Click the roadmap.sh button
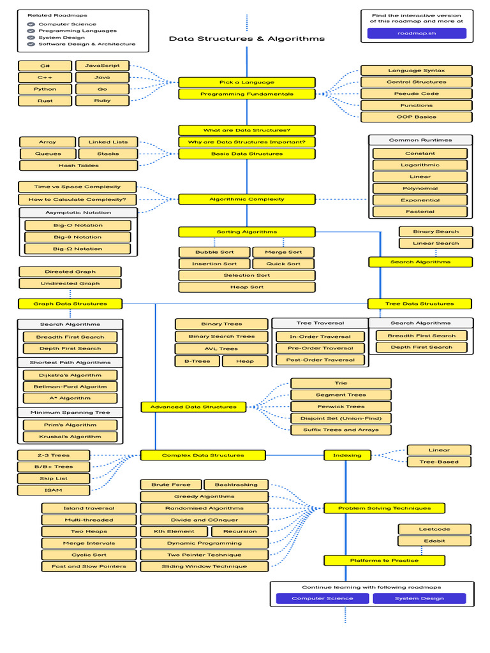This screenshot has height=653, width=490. (x=417, y=33)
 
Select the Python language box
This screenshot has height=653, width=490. (x=45, y=89)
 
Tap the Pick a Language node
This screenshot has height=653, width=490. (x=247, y=82)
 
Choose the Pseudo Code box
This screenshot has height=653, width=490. (x=417, y=94)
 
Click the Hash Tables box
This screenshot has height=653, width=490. (x=78, y=166)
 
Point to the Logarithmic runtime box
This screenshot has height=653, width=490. (x=420, y=165)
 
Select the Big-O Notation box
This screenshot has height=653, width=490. (x=78, y=225)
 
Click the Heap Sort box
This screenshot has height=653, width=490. (x=247, y=287)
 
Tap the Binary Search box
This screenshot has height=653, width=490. (x=436, y=231)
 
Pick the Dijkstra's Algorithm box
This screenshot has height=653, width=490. (x=70, y=375)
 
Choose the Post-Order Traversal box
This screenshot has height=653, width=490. (x=320, y=360)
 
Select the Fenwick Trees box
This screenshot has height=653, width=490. (x=341, y=406)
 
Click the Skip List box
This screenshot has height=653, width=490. (x=54, y=478)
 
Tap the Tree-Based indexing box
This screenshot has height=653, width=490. (x=439, y=462)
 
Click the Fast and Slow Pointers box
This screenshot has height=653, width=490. (x=89, y=566)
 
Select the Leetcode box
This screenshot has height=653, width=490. (x=434, y=529)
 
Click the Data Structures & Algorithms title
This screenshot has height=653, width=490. (x=247, y=39)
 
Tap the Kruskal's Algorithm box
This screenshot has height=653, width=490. (x=70, y=437)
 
